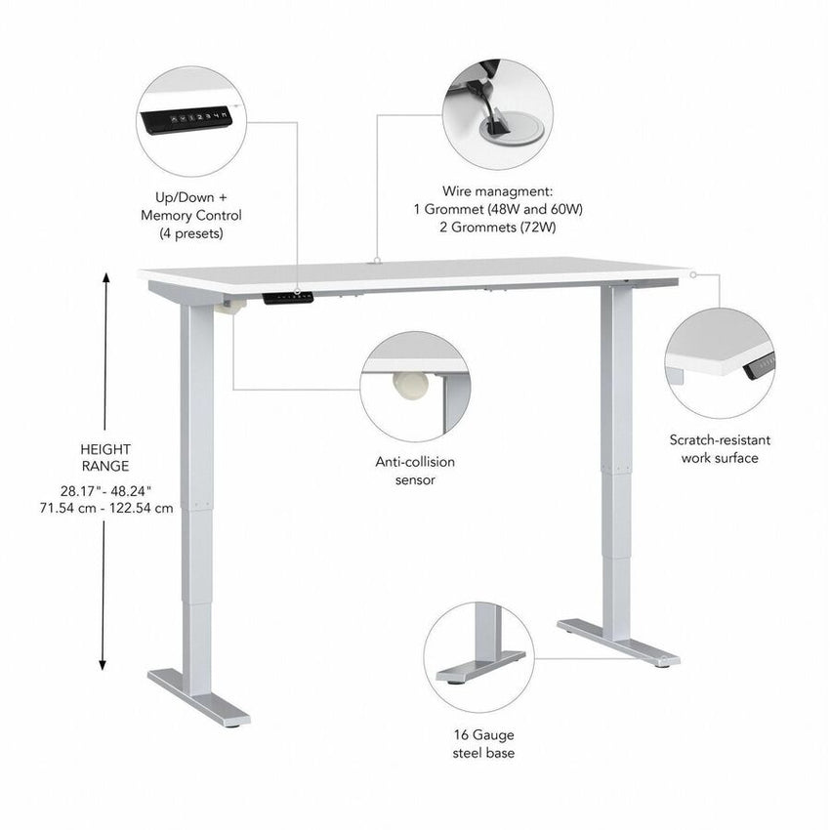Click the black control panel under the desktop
289,295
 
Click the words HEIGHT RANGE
104,457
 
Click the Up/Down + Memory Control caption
191,206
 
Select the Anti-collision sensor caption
415,471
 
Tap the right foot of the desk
619,643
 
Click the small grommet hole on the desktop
377,262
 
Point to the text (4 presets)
191,233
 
